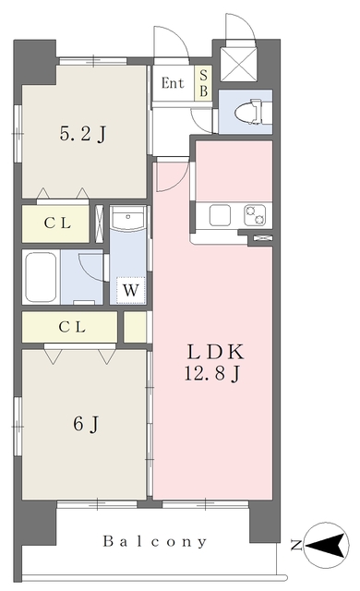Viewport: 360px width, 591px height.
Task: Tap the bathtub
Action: [41, 277]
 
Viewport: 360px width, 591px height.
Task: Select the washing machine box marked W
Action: [130, 290]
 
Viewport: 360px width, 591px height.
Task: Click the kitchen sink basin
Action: [220, 215]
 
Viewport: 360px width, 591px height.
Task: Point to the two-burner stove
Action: [256, 215]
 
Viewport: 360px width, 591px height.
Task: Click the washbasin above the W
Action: [128, 219]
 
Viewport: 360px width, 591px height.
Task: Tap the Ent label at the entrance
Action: [173, 83]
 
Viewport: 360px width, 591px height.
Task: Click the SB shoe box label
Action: [203, 83]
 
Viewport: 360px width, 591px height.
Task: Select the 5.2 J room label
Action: [83, 133]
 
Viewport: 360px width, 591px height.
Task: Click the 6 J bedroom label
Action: [87, 425]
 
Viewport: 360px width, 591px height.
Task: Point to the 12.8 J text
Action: [212, 374]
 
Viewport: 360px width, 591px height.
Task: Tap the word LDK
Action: [216, 352]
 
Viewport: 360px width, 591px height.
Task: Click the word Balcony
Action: [155, 542]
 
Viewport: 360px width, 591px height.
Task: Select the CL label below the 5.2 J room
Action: [57, 223]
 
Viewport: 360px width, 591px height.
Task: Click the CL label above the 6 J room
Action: [72, 327]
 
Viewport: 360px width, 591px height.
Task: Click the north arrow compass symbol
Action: [326, 545]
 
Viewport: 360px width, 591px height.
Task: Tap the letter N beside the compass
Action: [296, 546]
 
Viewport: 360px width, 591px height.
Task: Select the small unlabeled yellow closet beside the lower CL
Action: [135, 327]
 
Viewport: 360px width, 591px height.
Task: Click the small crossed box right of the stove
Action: [262, 237]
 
